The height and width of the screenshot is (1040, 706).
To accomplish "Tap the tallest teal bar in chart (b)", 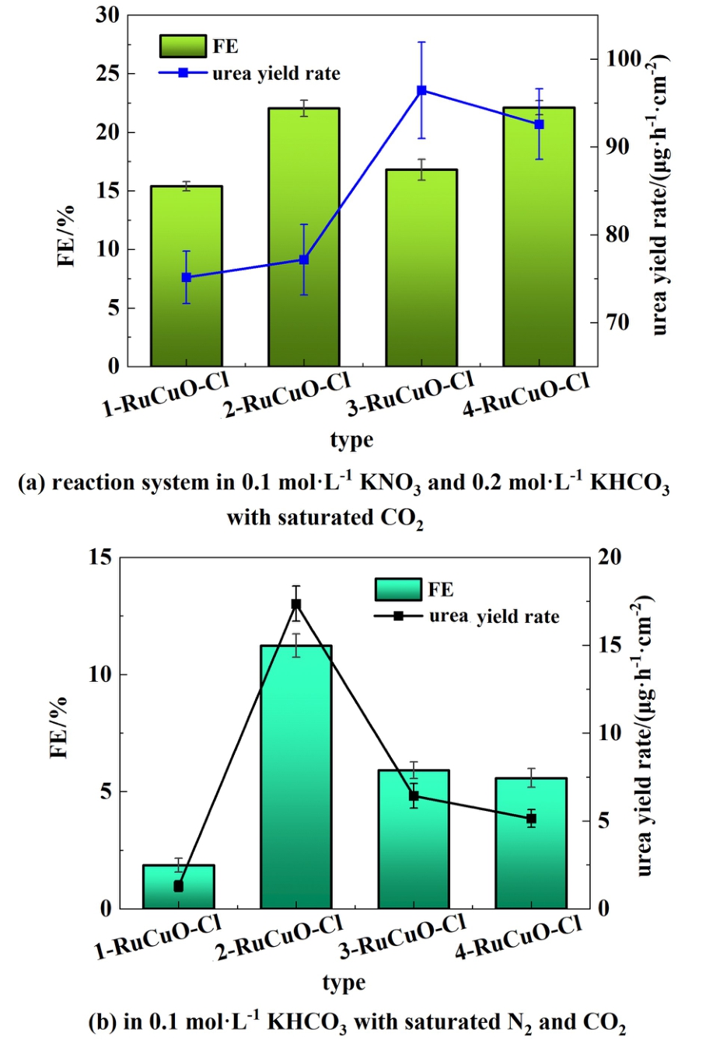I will coord(295,777).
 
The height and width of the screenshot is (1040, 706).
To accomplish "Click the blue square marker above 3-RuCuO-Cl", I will coord(421,90).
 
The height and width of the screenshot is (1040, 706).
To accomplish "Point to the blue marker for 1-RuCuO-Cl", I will coord(186,277).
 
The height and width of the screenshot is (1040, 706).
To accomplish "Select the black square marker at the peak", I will coord(295,603).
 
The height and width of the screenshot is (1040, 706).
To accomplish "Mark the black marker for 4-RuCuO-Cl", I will coord(531,819).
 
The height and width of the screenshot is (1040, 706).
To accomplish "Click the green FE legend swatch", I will coord(183,47).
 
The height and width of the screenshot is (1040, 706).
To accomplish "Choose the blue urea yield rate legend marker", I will coord(183,73).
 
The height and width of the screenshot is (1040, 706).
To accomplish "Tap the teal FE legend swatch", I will coord(398,590).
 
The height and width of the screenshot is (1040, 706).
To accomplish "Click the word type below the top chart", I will coord(351,440).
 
